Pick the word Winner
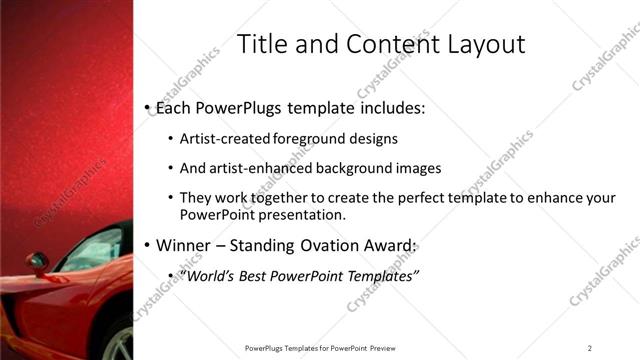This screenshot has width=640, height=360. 182,245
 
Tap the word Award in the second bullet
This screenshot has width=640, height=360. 392,245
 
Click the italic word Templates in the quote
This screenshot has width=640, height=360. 380,276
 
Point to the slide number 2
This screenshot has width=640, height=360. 589,347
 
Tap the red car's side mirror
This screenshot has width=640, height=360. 38,263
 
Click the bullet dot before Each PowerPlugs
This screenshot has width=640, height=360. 147,106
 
